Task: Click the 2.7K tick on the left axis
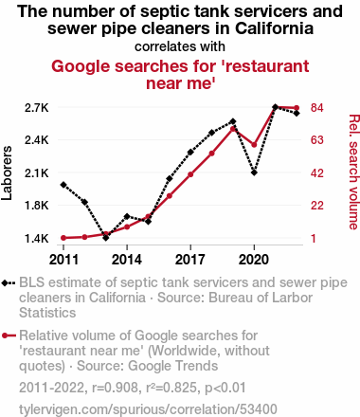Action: click(37, 108)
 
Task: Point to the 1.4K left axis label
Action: click(37, 238)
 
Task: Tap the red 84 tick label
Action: click(317, 108)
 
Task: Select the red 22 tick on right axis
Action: click(317, 206)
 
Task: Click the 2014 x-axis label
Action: click(127, 260)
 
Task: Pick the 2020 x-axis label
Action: click(254, 260)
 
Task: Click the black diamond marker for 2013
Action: click(106, 238)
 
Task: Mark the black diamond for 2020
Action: click(254, 172)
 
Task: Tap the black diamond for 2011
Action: click(63, 185)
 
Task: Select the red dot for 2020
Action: click(254, 145)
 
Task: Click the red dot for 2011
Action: click(63, 238)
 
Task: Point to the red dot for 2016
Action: click(170, 196)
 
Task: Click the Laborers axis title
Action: click(7, 172)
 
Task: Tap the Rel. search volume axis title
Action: click(353, 172)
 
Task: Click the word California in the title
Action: click(274, 28)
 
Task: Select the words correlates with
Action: click(180, 46)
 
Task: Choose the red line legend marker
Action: click(9, 335)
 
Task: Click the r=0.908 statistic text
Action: click(115, 388)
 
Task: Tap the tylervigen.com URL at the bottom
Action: click(148, 409)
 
